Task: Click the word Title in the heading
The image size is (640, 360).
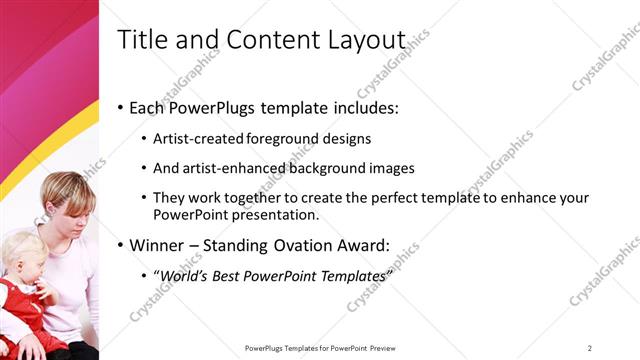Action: [x=141, y=41]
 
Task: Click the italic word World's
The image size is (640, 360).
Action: [x=185, y=275]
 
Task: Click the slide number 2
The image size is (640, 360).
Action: [x=590, y=348]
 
